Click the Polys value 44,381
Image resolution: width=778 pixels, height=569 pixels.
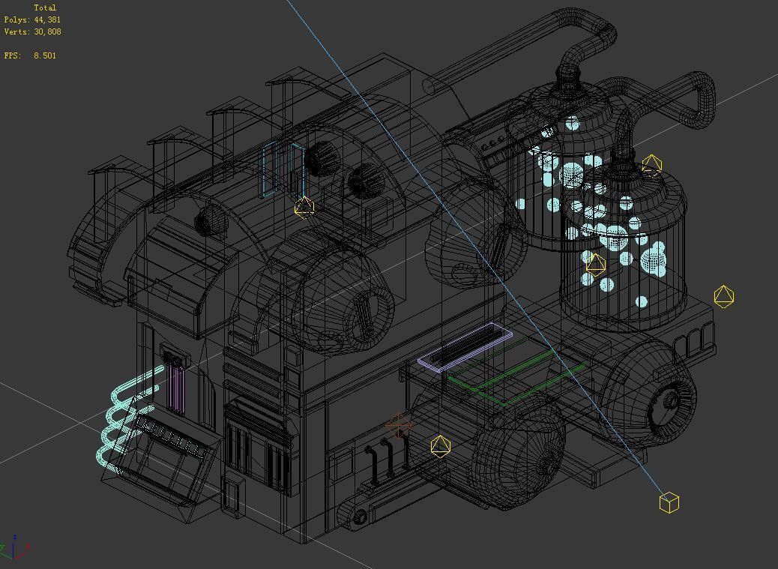coord(47,19)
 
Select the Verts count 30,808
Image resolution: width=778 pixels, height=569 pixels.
coord(47,31)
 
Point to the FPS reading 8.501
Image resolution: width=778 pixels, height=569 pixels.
coord(44,55)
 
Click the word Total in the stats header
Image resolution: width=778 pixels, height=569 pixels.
coord(45,7)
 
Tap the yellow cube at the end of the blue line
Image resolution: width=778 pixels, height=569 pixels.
coord(669,502)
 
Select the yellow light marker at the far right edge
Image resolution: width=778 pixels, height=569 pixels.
coord(723,296)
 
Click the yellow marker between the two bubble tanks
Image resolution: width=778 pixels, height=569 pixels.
coord(595,264)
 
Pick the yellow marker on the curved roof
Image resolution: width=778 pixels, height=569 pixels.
coord(304,207)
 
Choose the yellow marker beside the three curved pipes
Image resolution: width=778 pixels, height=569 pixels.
coord(441,446)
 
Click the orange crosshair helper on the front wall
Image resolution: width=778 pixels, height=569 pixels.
coord(399,427)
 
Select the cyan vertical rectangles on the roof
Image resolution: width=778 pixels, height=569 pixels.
coord(283,169)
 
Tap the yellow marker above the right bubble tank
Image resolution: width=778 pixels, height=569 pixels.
coord(651,165)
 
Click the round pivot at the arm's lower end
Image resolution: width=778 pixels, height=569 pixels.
coord(359,516)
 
